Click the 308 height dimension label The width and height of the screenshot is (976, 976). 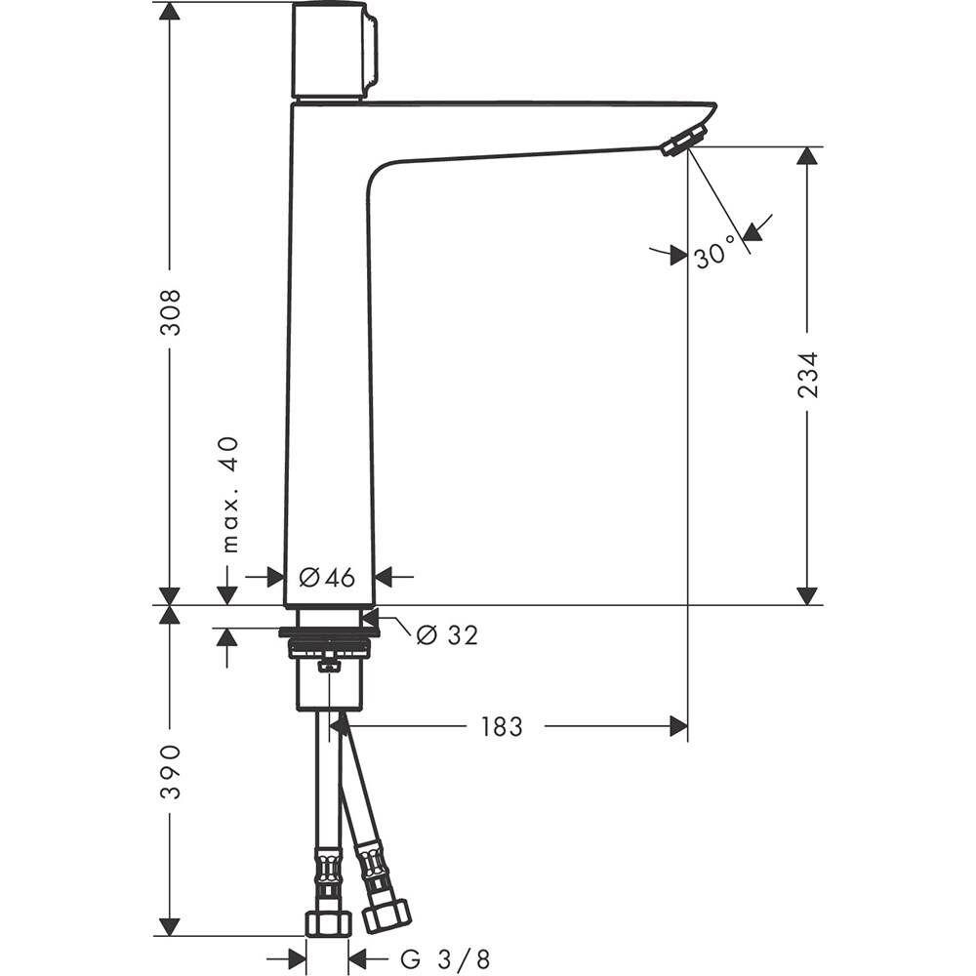tap(171, 311)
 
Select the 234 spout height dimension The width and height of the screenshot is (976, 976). tap(807, 374)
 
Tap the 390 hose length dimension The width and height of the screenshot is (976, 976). tap(171, 771)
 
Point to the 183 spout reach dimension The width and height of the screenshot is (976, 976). tap(502, 726)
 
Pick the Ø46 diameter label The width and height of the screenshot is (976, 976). tap(327, 578)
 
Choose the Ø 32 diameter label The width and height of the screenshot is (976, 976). tap(447, 635)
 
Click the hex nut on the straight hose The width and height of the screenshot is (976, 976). tap(327, 923)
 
